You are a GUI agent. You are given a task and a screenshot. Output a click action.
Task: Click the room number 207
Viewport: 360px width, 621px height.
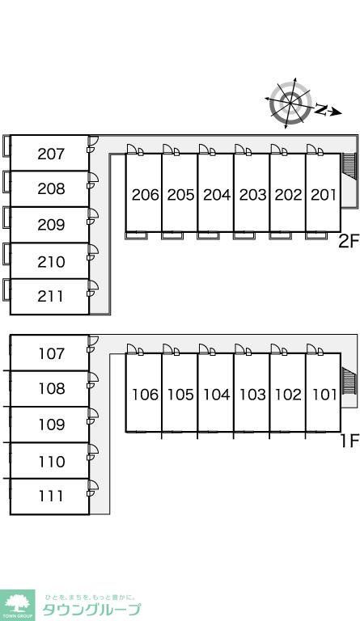click(x=51, y=154)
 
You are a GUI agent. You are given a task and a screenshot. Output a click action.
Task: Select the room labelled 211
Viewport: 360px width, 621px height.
click(x=51, y=296)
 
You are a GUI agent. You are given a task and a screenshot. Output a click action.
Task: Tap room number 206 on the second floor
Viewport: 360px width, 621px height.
click(x=145, y=195)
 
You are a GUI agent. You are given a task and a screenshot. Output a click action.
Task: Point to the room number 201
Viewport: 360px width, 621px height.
click(x=323, y=195)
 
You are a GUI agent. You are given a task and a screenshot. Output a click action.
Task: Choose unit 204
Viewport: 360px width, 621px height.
click(x=217, y=195)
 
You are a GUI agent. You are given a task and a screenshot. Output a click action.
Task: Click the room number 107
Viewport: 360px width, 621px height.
click(x=52, y=353)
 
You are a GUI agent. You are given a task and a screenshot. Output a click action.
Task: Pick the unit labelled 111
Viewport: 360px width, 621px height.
click(x=51, y=496)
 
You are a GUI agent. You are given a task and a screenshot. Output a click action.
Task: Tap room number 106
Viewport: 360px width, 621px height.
click(x=145, y=395)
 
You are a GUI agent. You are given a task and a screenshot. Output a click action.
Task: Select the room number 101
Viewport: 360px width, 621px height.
click(x=324, y=395)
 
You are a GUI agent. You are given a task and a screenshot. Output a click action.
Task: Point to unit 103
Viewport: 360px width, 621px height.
click(x=252, y=395)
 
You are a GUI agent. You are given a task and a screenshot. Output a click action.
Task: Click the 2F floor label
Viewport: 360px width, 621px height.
click(x=349, y=241)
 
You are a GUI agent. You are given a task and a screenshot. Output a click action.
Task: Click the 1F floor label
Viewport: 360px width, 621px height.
click(x=350, y=441)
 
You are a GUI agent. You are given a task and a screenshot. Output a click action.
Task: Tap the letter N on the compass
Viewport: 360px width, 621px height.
click(x=321, y=109)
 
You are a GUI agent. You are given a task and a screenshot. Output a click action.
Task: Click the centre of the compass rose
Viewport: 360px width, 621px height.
click(x=290, y=103)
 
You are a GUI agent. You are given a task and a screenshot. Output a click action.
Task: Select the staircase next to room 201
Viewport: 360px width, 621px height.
click(x=349, y=165)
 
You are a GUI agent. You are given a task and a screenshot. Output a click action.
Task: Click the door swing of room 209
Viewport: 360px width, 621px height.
click(x=93, y=217)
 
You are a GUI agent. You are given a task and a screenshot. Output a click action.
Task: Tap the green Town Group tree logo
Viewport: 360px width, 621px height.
click(x=18, y=605)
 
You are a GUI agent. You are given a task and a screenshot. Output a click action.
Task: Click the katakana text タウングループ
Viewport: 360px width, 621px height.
click(x=91, y=610)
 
